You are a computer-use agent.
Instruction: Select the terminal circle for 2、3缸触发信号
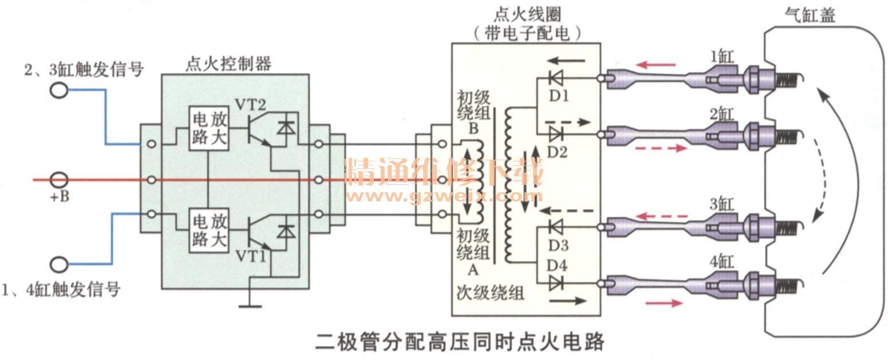point(58,90)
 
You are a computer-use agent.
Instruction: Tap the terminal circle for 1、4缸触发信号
point(58,265)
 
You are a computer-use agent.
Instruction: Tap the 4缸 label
point(720,264)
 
